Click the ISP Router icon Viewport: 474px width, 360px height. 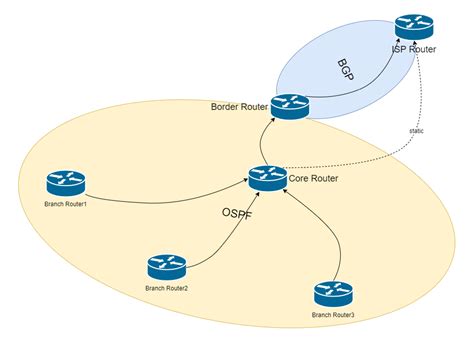411,26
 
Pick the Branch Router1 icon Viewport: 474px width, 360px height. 65,183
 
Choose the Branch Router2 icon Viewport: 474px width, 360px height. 166,266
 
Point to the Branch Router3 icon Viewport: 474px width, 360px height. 333,293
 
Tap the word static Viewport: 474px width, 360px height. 417,130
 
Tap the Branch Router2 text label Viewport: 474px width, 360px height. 166,288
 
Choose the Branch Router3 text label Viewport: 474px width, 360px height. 333,315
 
